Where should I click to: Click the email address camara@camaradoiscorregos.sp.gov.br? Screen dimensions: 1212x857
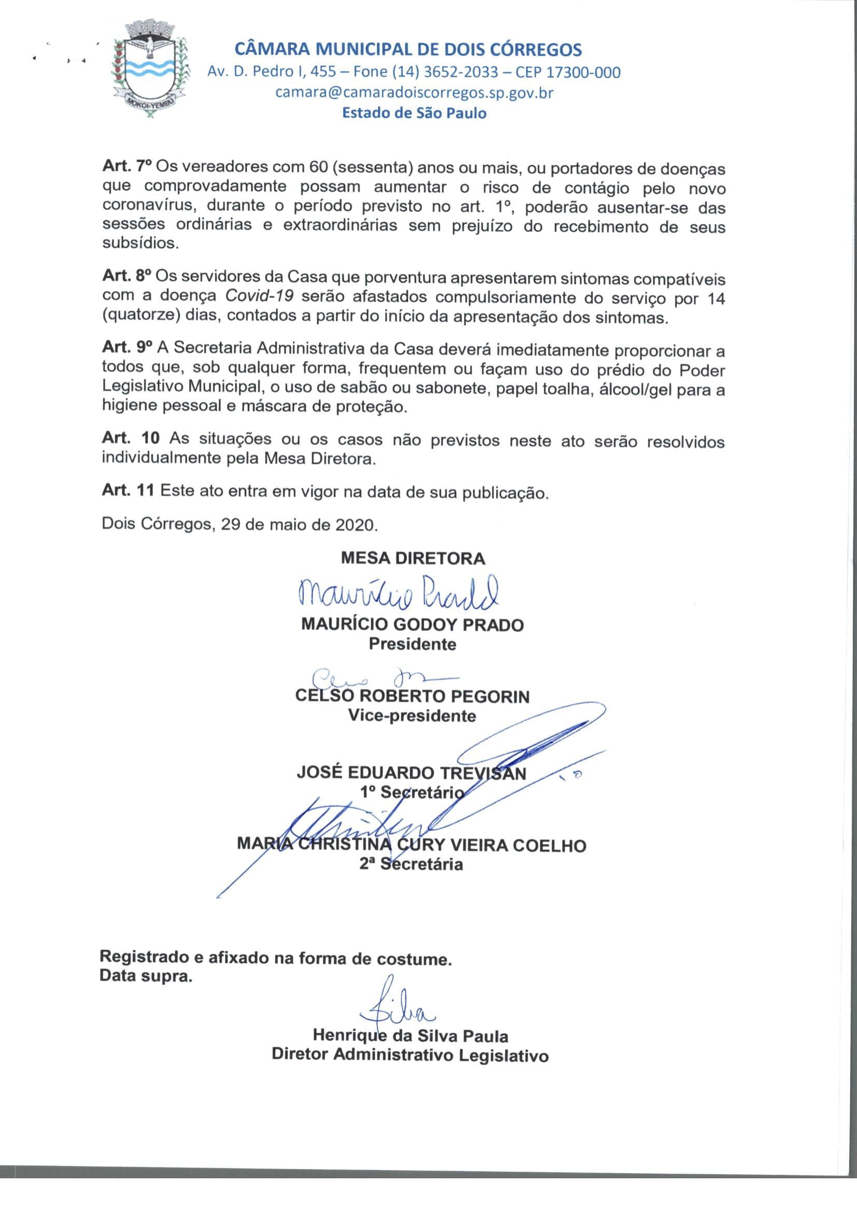click(415, 92)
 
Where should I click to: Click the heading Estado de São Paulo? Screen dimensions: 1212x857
click(415, 113)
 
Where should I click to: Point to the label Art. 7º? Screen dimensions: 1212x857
click(127, 167)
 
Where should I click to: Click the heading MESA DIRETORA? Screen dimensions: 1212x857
click(413, 558)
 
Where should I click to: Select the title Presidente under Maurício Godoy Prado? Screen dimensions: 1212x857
click(412, 644)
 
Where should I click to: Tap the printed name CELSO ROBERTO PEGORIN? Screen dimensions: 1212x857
click(412, 697)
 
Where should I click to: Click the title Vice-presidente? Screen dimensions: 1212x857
click(412, 716)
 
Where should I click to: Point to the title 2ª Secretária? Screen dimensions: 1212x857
click(411, 864)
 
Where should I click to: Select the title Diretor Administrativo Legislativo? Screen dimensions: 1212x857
click(410, 1054)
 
